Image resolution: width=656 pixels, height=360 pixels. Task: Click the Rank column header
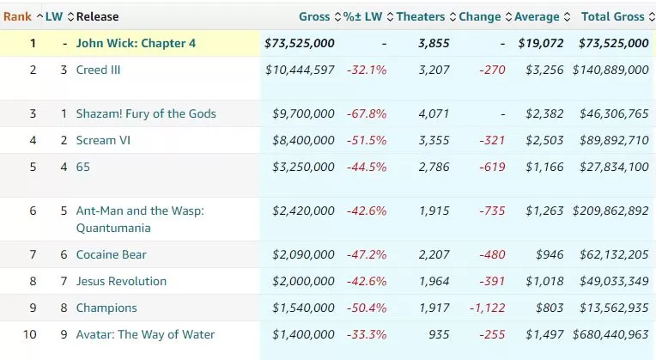click(x=17, y=16)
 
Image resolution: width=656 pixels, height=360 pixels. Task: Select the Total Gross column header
click(x=612, y=16)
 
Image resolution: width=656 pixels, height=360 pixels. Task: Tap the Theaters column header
click(x=421, y=16)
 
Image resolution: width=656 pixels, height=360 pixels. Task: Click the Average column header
click(x=537, y=16)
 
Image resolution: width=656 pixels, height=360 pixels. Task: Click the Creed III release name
click(x=98, y=70)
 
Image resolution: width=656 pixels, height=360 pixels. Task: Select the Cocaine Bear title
click(x=112, y=254)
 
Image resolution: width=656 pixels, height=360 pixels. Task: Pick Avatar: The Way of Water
click(x=145, y=334)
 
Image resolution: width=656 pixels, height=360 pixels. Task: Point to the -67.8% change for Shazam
click(x=367, y=113)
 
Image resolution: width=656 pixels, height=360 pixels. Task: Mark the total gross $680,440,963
click(x=606, y=334)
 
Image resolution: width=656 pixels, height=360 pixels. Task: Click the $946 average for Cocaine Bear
click(x=550, y=254)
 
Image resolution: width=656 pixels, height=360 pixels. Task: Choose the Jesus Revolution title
click(x=121, y=281)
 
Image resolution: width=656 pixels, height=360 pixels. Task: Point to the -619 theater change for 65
click(x=489, y=167)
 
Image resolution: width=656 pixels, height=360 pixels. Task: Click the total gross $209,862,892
click(x=606, y=211)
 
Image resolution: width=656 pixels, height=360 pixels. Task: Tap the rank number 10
click(x=30, y=334)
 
